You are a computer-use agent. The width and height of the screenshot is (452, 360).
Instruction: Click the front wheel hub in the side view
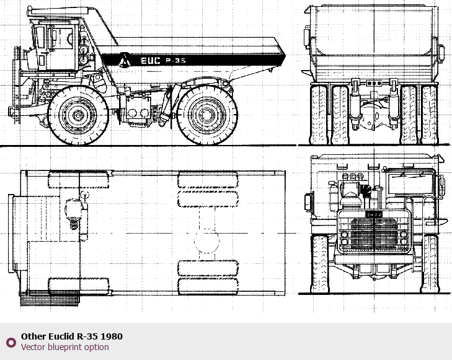tap(78, 115)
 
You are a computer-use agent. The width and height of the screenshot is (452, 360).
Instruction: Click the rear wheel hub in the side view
tap(206, 115)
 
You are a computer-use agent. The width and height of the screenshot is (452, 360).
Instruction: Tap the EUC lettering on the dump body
tap(150, 61)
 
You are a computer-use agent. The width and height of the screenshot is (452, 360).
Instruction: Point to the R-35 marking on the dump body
tap(175, 61)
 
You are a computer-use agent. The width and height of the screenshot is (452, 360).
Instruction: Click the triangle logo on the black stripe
tap(124, 59)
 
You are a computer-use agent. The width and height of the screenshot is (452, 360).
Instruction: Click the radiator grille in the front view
tap(374, 232)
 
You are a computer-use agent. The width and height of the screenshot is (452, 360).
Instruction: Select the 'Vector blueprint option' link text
tap(65, 347)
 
